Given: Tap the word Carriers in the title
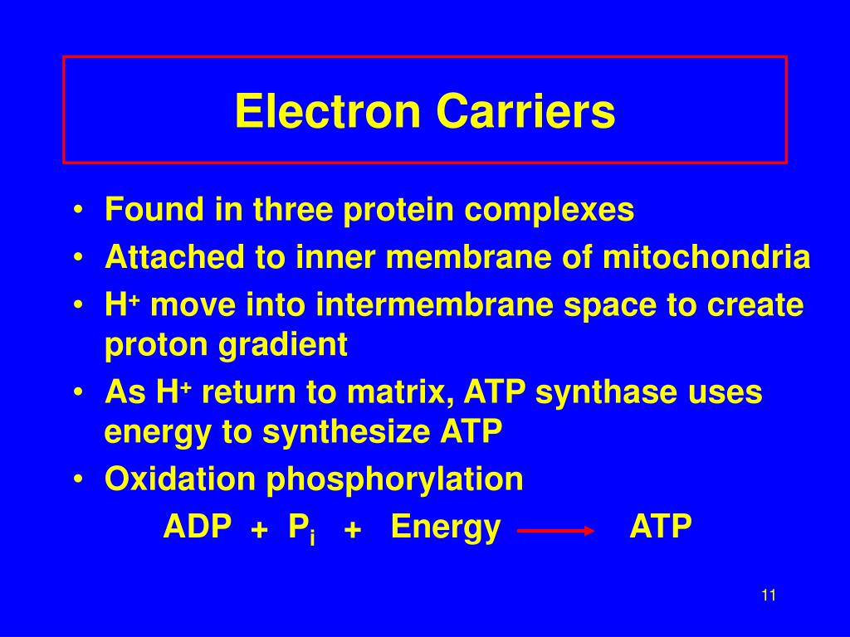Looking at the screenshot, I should [525, 111].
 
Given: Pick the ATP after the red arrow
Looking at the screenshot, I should [661, 527].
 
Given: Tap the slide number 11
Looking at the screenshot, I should [768, 595].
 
